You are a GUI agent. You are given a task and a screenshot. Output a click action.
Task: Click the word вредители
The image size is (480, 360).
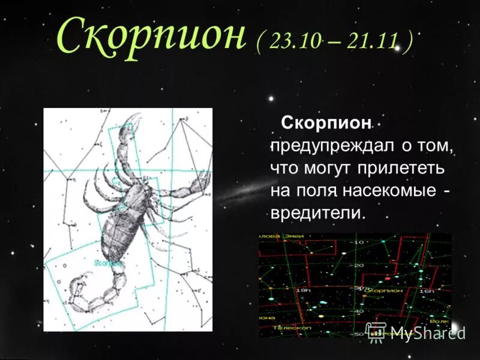tap(317, 213)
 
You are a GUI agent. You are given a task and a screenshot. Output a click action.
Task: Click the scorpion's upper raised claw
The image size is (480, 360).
tap(133, 123)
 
